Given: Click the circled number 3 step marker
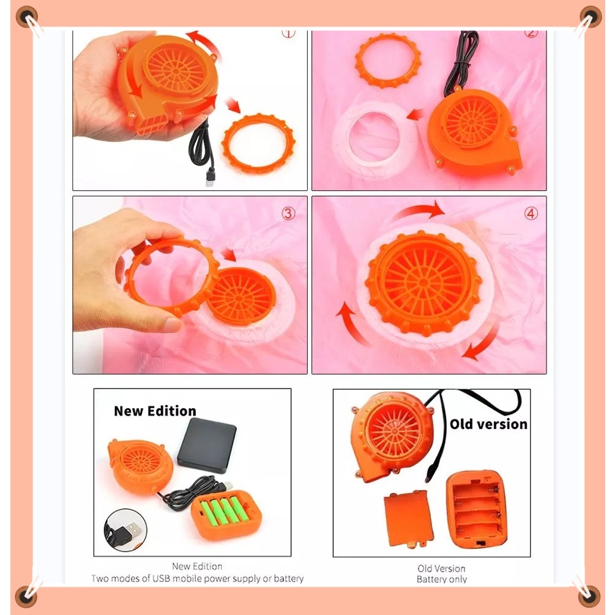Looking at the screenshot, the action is point(288,214).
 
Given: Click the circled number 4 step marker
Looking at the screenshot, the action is point(531,214).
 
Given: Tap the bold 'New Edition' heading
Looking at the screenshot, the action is point(155,411).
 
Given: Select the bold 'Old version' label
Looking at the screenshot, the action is point(488,424).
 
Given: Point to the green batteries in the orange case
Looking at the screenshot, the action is point(225,511).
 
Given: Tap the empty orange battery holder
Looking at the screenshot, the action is point(477,509).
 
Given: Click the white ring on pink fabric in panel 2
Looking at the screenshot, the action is point(375,140).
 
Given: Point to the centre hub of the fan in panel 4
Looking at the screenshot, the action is point(423,283).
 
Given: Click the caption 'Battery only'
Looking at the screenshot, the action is point(442,580).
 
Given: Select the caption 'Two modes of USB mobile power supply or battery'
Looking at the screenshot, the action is point(198,578).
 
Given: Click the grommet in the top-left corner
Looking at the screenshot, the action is point(27,17).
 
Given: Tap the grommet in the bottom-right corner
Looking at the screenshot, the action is point(589,597).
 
